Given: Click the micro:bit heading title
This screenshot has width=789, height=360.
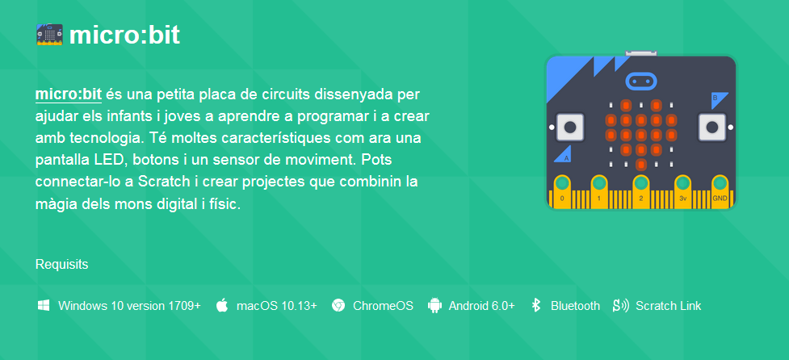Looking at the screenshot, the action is pos(124,36).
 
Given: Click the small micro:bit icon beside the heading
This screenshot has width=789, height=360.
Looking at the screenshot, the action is pos(49,35).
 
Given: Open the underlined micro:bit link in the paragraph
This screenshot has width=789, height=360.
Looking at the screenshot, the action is pos(69,94).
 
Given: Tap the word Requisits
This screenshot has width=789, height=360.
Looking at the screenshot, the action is pos(62,265).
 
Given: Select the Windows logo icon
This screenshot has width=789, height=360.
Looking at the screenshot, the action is pos(44,305).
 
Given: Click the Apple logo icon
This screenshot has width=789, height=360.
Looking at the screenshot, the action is pos(222,305).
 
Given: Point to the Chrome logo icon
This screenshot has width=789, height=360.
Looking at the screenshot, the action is pos(338,305).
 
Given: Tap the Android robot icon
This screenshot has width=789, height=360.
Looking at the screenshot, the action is pos(434,305).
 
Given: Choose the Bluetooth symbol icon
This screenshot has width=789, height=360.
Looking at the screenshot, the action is pos(536,305).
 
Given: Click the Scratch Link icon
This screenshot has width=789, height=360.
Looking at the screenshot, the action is pos(621,305).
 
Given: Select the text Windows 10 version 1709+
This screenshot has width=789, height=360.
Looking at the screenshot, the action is pos(130,306).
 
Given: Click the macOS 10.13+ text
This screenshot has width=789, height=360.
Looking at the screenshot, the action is pos(277,306).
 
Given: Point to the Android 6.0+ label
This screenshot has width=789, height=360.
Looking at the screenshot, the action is pos(482,306).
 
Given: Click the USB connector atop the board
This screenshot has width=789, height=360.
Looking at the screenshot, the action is pos(641,52).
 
